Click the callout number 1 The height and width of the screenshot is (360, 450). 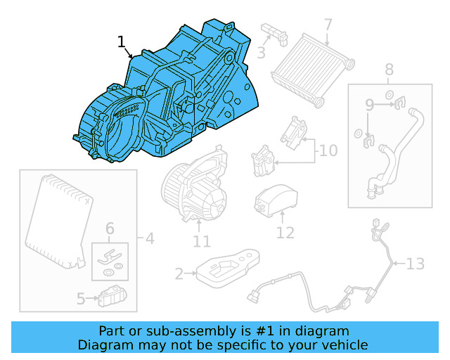[122, 42]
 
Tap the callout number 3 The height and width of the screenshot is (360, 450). [261, 52]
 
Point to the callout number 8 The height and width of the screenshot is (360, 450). [389, 69]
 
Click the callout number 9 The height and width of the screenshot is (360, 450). [368, 105]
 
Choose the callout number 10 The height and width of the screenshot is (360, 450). [328, 150]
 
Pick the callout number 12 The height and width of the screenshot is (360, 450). [285, 232]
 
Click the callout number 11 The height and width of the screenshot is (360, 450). [202, 241]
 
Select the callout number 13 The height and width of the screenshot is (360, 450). [416, 264]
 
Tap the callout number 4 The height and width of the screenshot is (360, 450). [148, 238]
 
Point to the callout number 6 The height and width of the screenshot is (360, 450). [109, 228]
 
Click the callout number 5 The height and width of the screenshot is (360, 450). [81, 300]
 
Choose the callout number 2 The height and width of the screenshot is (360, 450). [179, 274]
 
